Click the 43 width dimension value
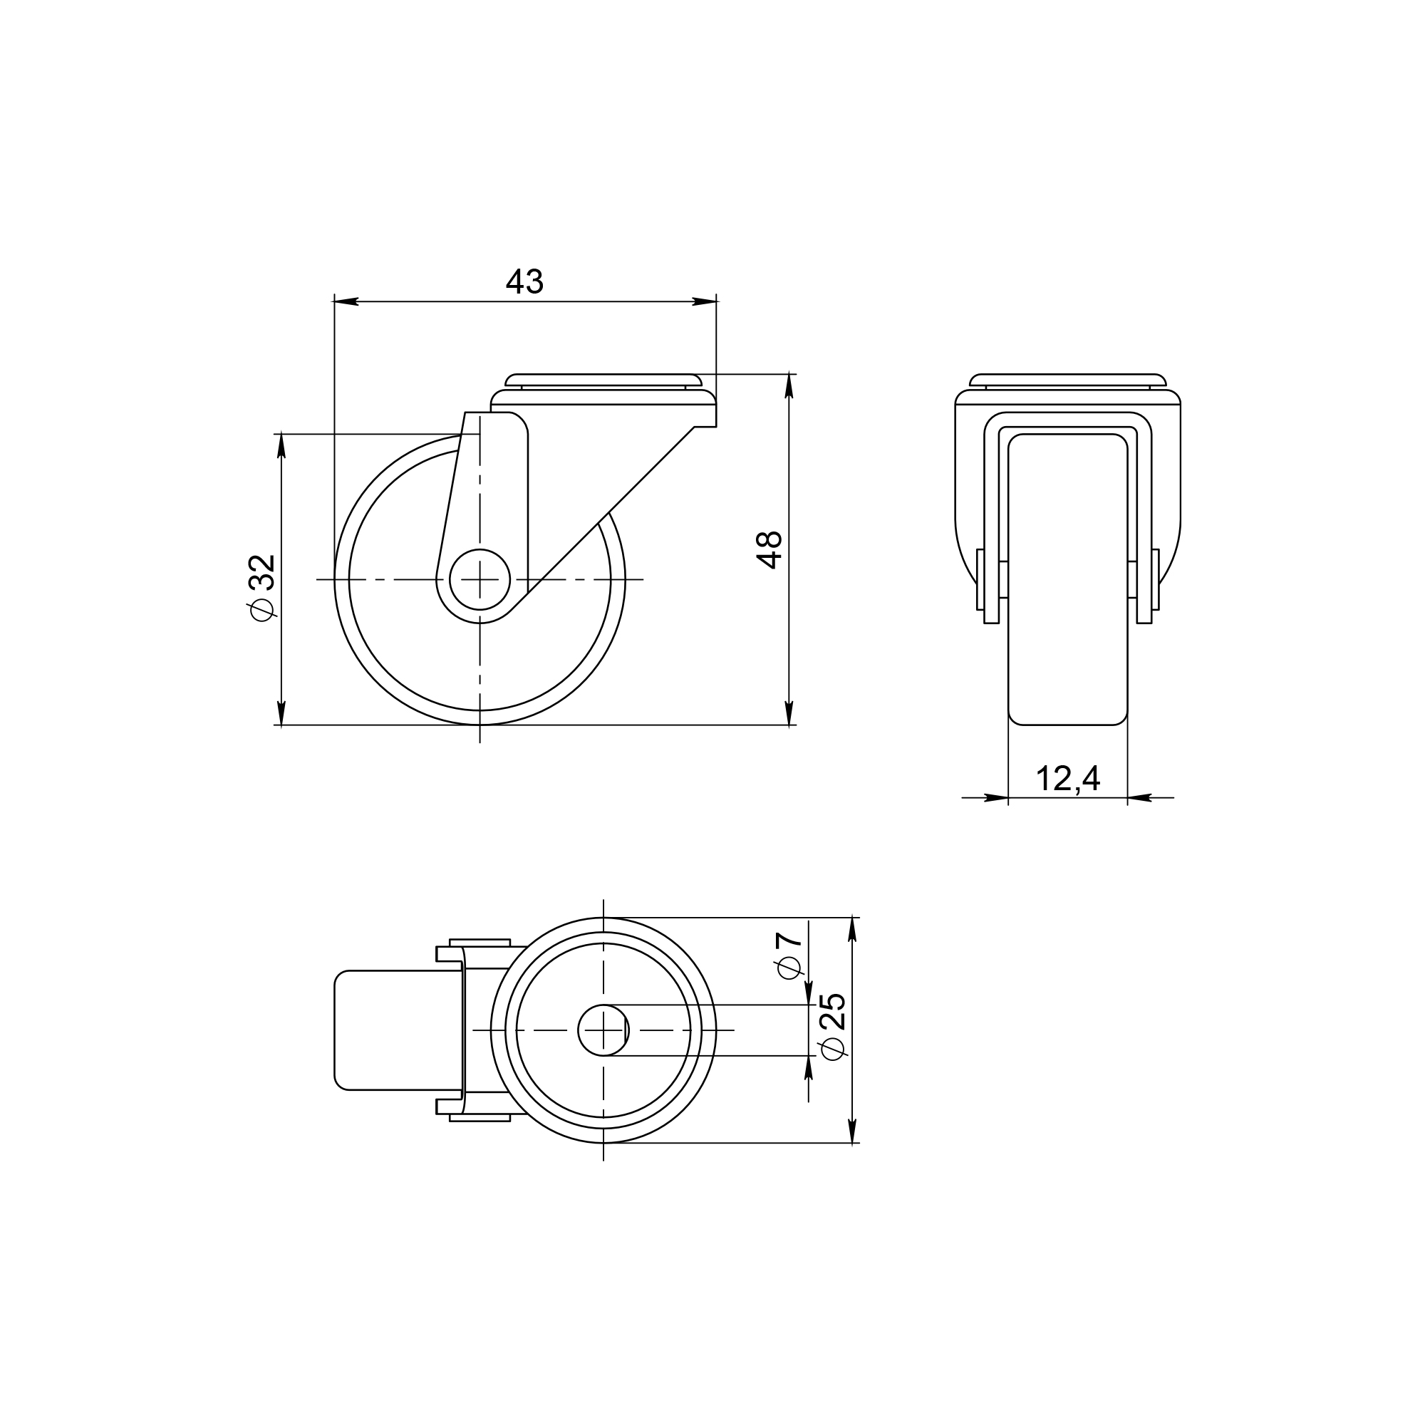[524, 281]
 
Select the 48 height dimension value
[769, 549]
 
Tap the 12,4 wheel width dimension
[1068, 779]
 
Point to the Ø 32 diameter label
[263, 587]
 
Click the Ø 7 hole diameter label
[789, 955]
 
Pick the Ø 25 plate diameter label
[832, 1027]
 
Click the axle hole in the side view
[480, 579]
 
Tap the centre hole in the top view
[603, 1030]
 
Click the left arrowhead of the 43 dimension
[346, 301]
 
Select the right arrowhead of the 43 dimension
[705, 301]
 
